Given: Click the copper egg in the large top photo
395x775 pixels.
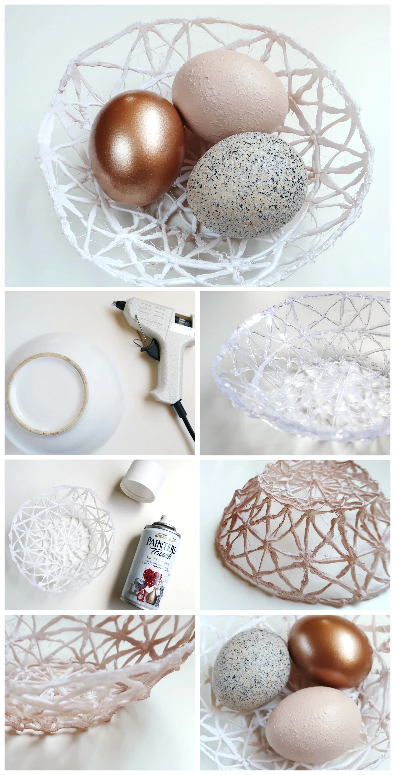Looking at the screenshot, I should click(x=137, y=149).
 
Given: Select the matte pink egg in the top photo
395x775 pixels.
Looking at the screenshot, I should click(x=230, y=95).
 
